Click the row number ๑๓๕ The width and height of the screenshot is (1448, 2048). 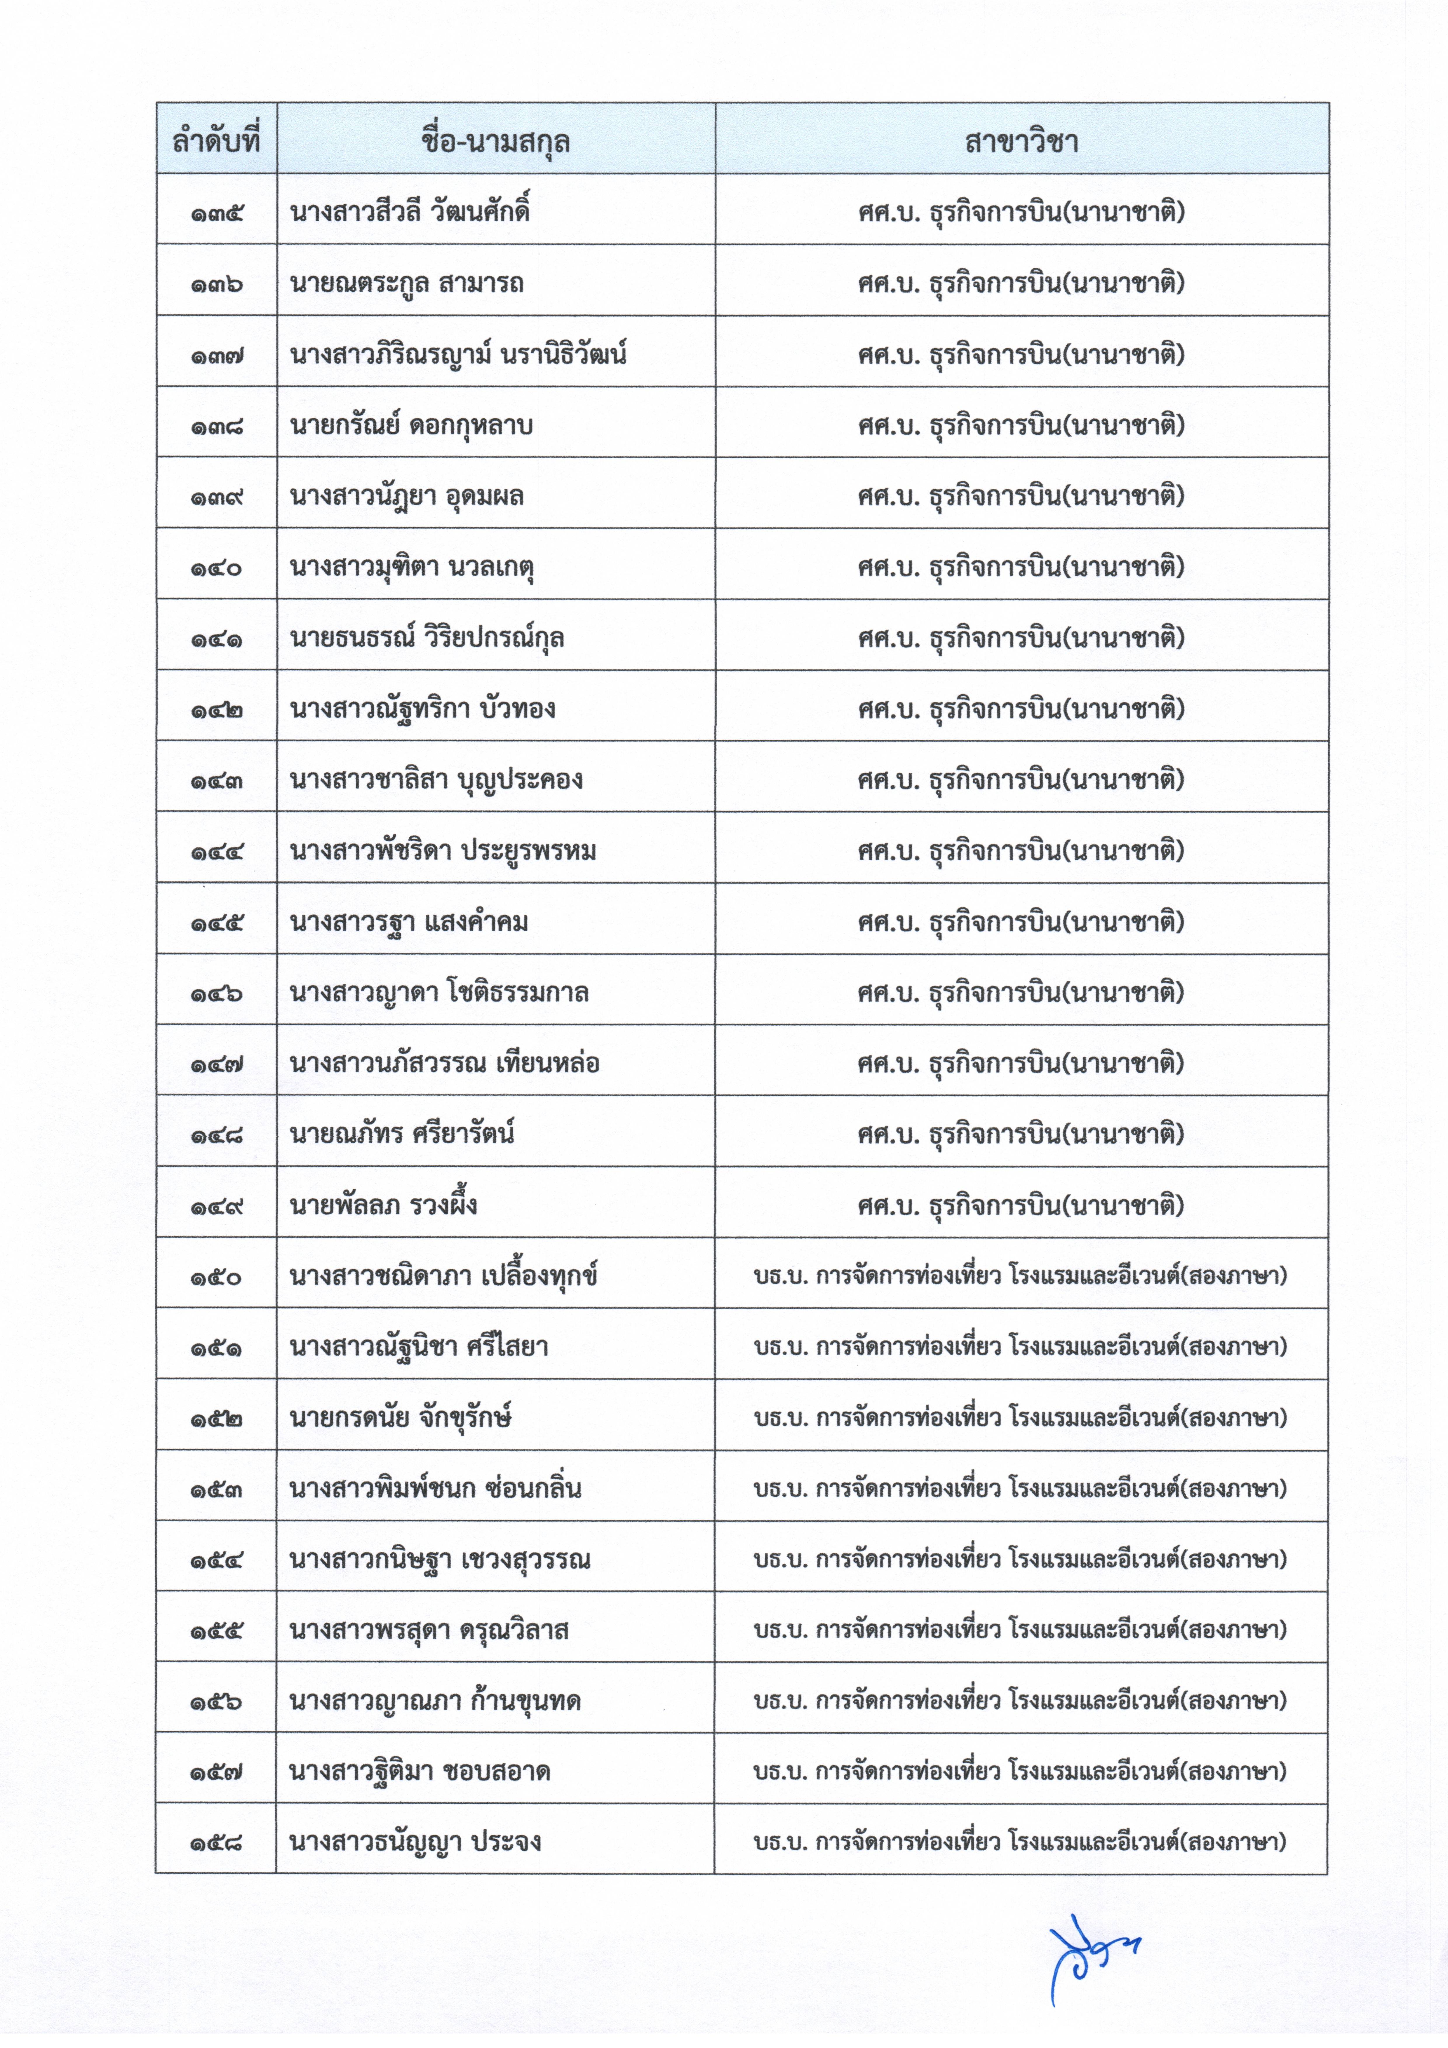coord(216,213)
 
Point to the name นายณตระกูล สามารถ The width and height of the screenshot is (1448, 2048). coord(407,284)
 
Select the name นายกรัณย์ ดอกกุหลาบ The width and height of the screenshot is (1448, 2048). coord(411,425)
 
